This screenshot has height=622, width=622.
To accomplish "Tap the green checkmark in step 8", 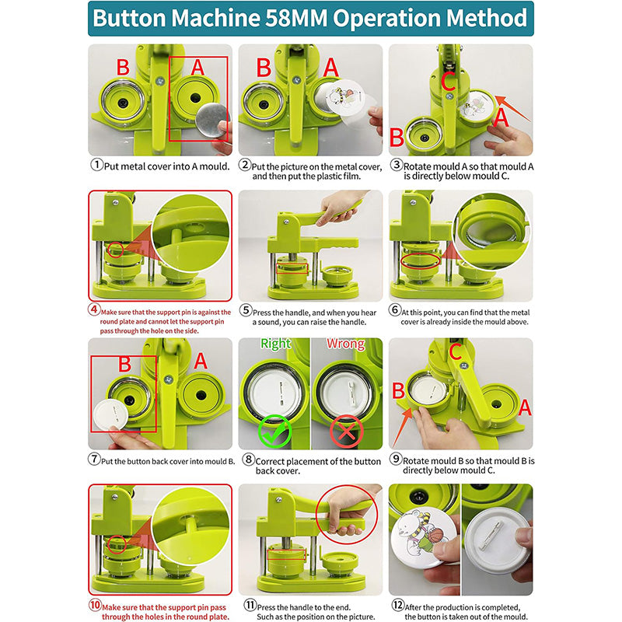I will (275, 430).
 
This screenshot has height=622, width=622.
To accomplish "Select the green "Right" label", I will (275, 344).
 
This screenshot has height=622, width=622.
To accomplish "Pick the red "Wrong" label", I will (345, 344).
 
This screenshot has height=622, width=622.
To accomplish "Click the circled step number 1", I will (96, 165).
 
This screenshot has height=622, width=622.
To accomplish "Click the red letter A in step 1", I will (197, 68).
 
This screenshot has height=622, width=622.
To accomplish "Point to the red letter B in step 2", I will (264, 68).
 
